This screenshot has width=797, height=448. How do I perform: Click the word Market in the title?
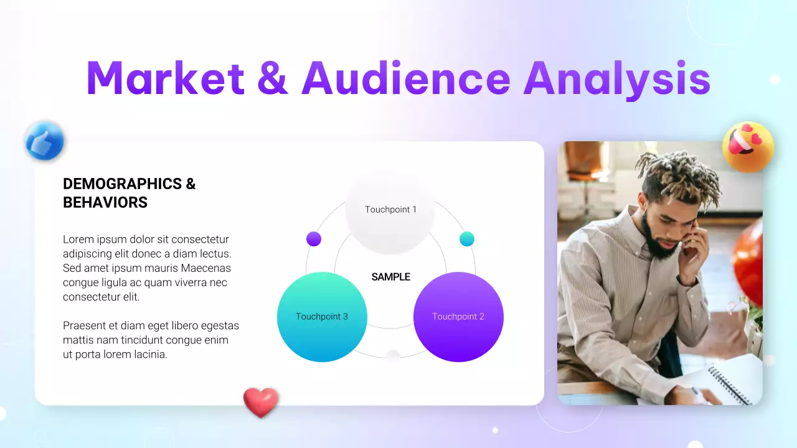point(166,78)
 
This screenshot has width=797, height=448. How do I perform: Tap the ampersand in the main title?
point(272,78)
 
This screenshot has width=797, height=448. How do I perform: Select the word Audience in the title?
point(405,78)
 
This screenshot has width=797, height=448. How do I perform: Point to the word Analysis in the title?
point(616,80)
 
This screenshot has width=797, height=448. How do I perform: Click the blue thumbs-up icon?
point(44,142)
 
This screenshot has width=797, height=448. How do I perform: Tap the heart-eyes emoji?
point(748,147)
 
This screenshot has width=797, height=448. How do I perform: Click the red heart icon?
point(260,402)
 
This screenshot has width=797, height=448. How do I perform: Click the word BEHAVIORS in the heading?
point(105,202)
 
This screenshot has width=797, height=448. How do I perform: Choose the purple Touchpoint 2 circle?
point(458,317)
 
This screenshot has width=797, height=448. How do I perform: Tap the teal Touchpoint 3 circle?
point(322,317)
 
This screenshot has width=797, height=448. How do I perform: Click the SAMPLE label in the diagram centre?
point(391,277)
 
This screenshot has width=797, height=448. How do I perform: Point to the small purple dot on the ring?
point(314,239)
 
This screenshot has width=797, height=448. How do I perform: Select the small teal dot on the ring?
point(467,239)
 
